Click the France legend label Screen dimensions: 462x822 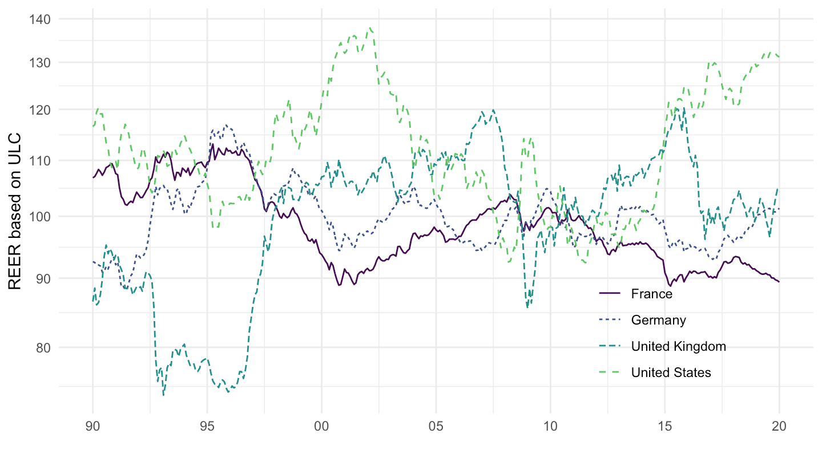pos(652,294)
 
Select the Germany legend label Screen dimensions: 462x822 pos(658,320)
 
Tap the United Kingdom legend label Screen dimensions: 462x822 pos(679,346)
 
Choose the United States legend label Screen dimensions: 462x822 pos(671,372)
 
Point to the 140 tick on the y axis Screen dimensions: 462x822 pos(41,19)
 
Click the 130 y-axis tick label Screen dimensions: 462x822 pos(41,62)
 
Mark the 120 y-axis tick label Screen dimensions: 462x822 pos(41,109)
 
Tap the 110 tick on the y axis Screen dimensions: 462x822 pos(41,161)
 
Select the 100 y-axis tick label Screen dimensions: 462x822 pos(41,217)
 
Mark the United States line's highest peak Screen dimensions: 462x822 pos(371,27)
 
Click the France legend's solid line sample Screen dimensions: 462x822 pos(609,294)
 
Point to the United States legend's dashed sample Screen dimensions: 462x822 pos(609,372)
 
